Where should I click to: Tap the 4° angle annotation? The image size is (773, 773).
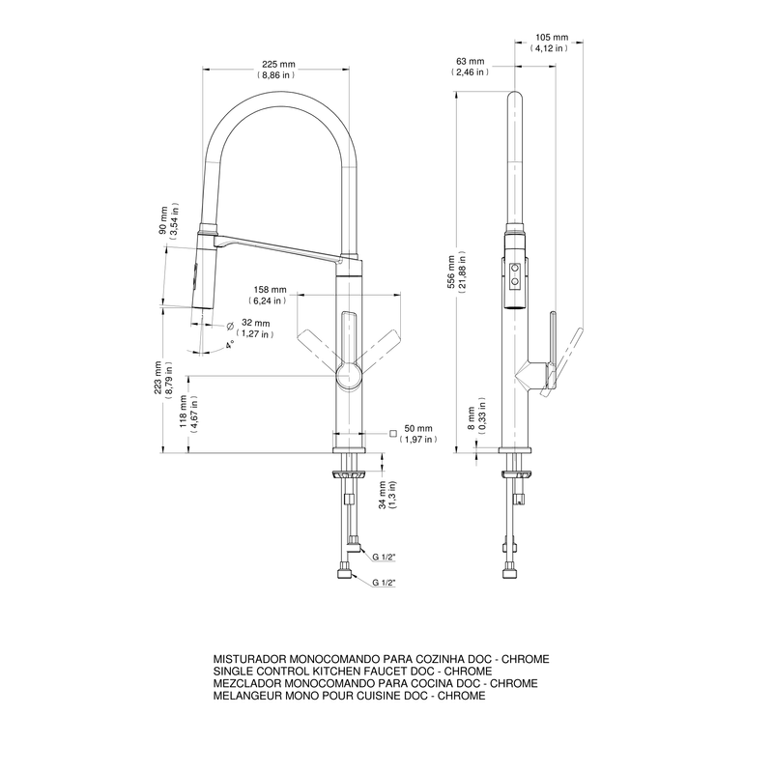tap(230, 344)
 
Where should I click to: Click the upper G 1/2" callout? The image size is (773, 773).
tap(384, 558)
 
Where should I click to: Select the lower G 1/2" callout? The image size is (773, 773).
tap(384, 583)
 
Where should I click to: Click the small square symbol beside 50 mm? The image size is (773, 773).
tap(393, 433)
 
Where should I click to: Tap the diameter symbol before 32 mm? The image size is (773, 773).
tap(230, 326)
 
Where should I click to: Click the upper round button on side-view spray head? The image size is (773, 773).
tap(515, 268)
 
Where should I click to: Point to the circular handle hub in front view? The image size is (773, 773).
tap(350, 377)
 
